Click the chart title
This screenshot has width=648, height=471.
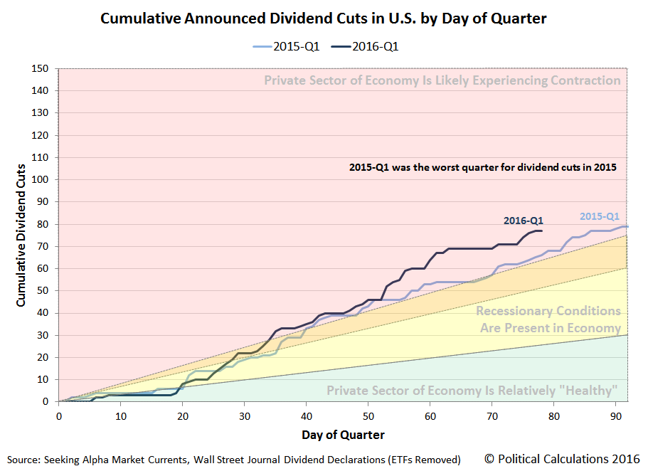click(x=323, y=18)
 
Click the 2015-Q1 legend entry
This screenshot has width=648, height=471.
click(x=287, y=47)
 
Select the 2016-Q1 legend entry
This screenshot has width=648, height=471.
click(x=365, y=47)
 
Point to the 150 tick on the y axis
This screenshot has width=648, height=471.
click(x=40, y=68)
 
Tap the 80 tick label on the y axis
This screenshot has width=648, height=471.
click(x=43, y=224)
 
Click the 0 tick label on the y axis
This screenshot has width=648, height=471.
click(x=46, y=401)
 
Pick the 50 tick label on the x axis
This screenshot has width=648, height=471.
click(x=368, y=416)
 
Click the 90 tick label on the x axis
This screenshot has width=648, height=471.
click(x=616, y=416)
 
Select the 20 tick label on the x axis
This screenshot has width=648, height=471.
click(x=183, y=416)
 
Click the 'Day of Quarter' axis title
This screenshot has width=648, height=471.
click(x=343, y=435)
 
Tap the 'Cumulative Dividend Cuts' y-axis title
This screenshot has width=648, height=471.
click(x=21, y=235)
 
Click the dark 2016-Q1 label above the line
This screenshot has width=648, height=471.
click(x=524, y=221)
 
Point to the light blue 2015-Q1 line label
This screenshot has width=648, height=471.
click(x=600, y=216)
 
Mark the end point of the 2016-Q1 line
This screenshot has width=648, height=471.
click(x=541, y=231)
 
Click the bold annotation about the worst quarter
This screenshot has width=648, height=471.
click(x=483, y=167)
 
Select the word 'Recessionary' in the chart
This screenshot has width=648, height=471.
click(x=511, y=311)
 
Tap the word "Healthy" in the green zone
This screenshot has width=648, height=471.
click(x=591, y=391)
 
